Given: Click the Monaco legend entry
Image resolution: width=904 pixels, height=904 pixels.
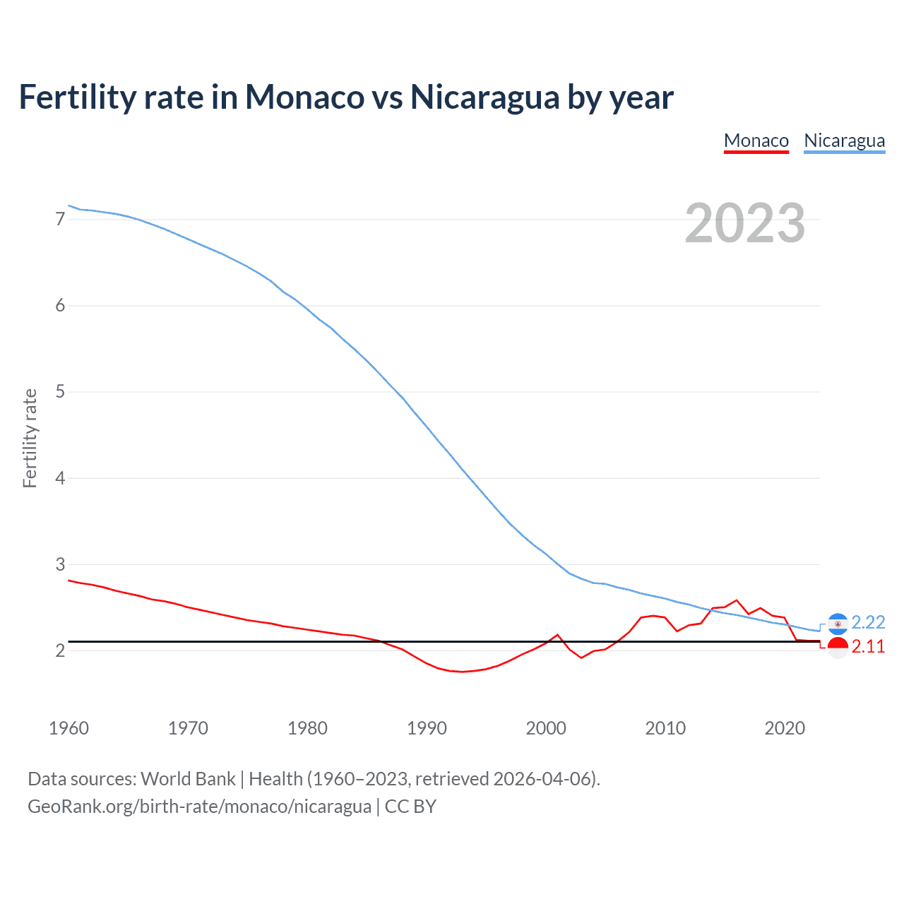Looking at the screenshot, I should coord(756,141).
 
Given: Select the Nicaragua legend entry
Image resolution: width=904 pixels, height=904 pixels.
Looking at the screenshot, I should coord(844,141).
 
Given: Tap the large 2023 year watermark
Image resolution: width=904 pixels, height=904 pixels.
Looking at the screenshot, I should coord(744,223).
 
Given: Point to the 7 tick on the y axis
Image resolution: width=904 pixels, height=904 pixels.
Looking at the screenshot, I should coord(60,219).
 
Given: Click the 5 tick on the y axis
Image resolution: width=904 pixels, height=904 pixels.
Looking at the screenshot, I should coord(60,391).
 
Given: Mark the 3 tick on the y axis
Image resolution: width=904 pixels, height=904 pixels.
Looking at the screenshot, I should coord(60,564).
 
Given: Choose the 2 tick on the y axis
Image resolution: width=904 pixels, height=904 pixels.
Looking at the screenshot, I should coord(60,650).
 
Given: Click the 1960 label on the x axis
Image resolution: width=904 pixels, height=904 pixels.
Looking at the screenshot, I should coord(69,728).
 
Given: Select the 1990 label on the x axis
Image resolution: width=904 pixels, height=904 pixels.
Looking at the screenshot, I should coord(427,728).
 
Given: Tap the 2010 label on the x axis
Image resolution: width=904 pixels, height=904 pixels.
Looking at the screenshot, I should coord(665,728).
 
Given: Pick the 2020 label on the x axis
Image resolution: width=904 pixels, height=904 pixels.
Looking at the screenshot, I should coord(785,728).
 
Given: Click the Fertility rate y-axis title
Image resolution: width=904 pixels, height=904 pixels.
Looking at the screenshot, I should coord(30,438).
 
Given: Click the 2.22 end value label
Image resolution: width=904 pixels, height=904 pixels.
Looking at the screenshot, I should coord(868,622).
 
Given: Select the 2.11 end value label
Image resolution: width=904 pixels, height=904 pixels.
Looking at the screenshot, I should coord(868,647).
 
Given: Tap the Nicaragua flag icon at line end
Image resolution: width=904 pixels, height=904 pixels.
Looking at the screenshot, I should coord(838,624).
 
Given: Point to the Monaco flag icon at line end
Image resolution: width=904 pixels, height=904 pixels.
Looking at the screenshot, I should coord(838,647).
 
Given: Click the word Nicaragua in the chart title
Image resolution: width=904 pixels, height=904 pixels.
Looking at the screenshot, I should coord(485,97).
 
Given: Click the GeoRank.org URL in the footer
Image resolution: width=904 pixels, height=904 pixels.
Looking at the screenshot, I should coord(199,807).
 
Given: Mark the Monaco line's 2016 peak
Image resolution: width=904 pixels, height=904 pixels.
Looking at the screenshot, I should coord(737,600).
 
